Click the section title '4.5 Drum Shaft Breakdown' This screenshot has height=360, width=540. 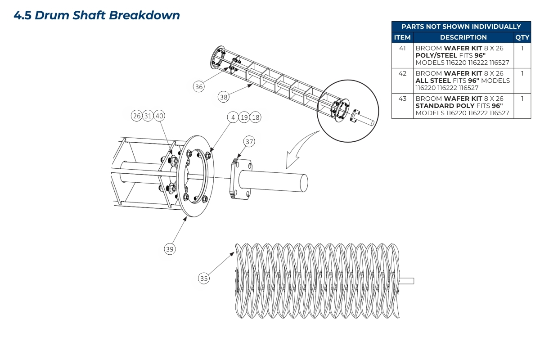click(97, 15)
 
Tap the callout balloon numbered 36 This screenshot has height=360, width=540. click(199, 86)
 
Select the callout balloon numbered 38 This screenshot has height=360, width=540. click(224, 96)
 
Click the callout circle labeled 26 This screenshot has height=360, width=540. click(137, 116)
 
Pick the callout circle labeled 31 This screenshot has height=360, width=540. click(148, 116)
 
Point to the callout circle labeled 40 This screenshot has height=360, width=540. click(159, 116)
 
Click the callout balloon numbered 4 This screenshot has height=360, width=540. click(233, 117)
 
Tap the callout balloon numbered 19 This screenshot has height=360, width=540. click(244, 117)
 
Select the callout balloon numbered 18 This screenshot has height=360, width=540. click(255, 117)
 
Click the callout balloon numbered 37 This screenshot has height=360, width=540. click(249, 142)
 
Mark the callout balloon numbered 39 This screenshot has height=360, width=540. click(169, 249)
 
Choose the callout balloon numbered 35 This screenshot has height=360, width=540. click(204, 279)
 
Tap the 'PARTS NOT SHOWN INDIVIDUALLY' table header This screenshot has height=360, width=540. click(461, 27)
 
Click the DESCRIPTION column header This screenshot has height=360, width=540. click(463, 37)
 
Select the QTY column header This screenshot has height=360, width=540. click(522, 37)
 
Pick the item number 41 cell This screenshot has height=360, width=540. click(402, 48)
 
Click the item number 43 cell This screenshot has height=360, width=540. click(402, 99)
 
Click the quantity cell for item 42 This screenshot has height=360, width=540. click(522, 73)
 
